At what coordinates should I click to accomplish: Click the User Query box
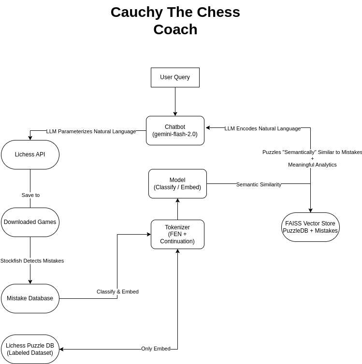tap(175, 77)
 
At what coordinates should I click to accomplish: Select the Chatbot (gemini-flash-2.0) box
tap(175, 130)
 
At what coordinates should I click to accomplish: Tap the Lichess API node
tap(30, 154)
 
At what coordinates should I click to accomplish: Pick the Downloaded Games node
tap(30, 222)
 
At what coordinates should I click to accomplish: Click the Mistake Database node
tap(30, 298)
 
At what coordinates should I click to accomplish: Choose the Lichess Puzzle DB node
tap(30, 349)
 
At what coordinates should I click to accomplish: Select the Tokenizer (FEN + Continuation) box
tap(177, 234)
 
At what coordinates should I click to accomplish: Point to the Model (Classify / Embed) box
tap(177, 183)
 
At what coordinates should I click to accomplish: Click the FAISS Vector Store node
tap(310, 227)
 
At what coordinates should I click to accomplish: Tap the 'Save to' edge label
tap(30, 195)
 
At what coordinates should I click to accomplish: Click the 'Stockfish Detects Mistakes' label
tap(32, 261)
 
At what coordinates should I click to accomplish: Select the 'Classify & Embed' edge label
tap(117, 292)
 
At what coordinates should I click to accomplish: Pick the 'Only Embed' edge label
tap(156, 349)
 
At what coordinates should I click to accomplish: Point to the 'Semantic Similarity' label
tap(259, 184)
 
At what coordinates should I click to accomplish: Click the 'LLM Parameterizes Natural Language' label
tap(91, 131)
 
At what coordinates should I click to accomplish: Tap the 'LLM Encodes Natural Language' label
tap(262, 128)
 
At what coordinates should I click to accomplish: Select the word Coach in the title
tap(175, 29)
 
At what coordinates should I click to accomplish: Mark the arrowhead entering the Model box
tap(177, 200)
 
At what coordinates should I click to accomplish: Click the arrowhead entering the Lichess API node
tap(30, 138)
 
